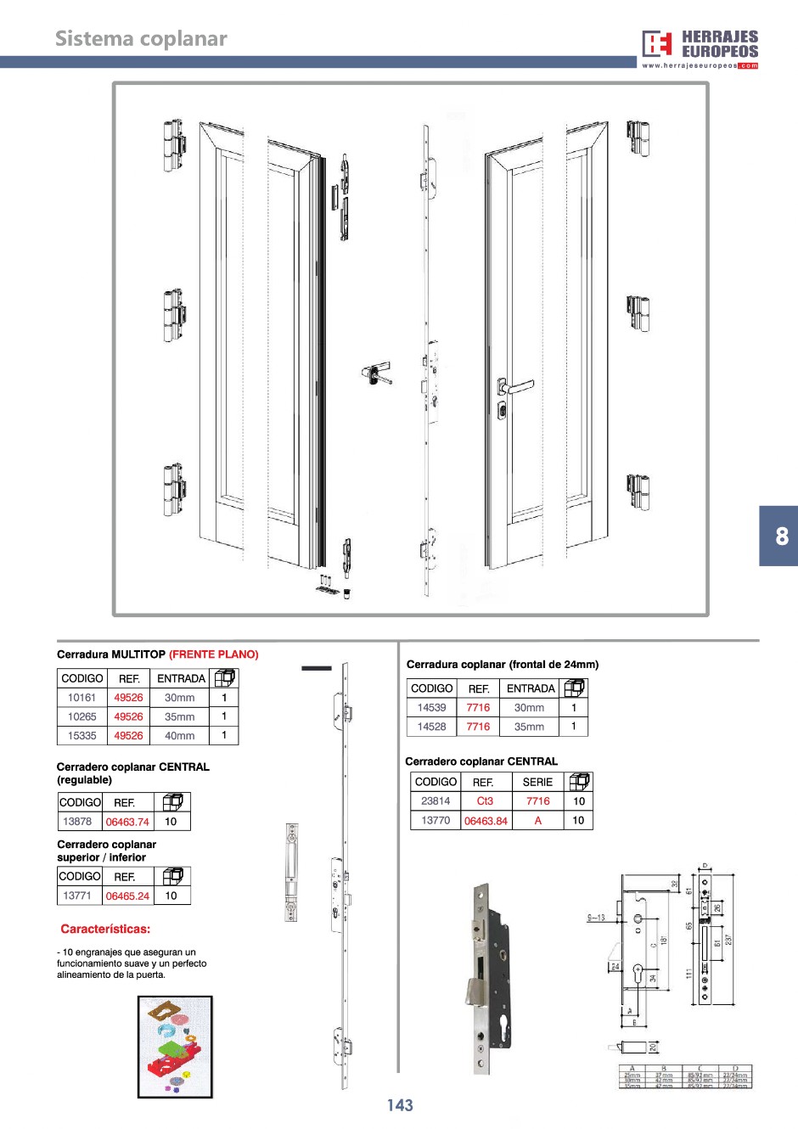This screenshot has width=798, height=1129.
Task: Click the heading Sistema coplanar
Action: tap(141, 39)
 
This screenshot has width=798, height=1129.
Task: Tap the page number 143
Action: tap(400, 1105)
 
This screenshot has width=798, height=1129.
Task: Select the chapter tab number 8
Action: tap(781, 536)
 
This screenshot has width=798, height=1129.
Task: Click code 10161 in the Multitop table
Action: tap(82, 698)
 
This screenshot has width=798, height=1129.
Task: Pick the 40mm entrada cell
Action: tap(180, 736)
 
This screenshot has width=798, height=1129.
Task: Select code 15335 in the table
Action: tap(82, 736)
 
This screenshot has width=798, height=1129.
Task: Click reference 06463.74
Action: tap(127, 822)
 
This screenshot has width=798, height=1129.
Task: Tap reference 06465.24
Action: tap(127, 896)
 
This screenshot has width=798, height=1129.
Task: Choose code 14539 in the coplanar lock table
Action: tap(431, 707)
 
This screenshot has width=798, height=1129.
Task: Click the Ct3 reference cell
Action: tap(485, 800)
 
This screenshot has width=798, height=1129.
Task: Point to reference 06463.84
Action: tap(486, 821)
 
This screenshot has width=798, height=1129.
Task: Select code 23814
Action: tap(436, 800)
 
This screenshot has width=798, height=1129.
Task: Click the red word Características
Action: tap(105, 929)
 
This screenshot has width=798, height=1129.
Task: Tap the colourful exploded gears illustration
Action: tap(175, 1047)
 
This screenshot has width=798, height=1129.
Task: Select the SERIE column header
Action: tap(537, 782)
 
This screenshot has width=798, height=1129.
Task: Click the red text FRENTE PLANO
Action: tap(214, 654)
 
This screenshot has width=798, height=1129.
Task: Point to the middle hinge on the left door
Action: tap(174, 315)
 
